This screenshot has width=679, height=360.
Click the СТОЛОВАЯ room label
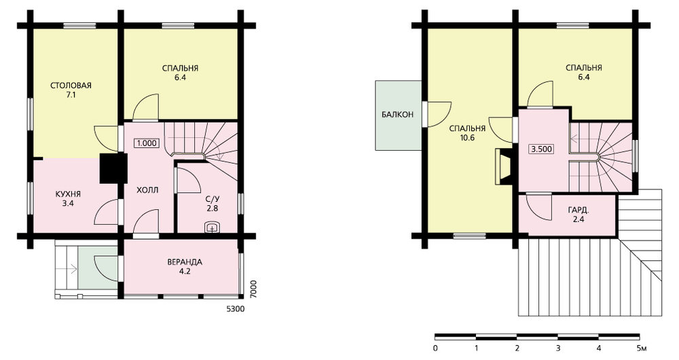pos(71,86)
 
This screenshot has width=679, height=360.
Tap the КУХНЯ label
pos(68,194)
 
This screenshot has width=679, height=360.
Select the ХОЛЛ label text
pos(147,190)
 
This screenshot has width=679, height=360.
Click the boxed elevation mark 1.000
pos(147,143)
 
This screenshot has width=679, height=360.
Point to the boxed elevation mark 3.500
pos(541,149)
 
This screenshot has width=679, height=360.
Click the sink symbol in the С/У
pos(212,227)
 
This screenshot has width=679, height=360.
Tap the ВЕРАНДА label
pos(185,262)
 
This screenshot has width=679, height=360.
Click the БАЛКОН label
pos(397,115)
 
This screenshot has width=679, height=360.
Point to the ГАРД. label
pos(579,210)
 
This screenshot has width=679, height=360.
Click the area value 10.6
pos(468,138)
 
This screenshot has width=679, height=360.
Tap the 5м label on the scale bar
pos(642,348)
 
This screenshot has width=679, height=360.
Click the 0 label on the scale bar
pos(435,348)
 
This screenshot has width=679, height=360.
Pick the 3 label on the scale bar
pos(558,348)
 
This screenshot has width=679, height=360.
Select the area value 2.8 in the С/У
pos(212,209)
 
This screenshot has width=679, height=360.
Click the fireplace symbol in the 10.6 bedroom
pos(504,168)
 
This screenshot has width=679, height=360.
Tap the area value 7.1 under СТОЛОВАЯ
pos(71,95)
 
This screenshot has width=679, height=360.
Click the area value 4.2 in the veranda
pos(185,272)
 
